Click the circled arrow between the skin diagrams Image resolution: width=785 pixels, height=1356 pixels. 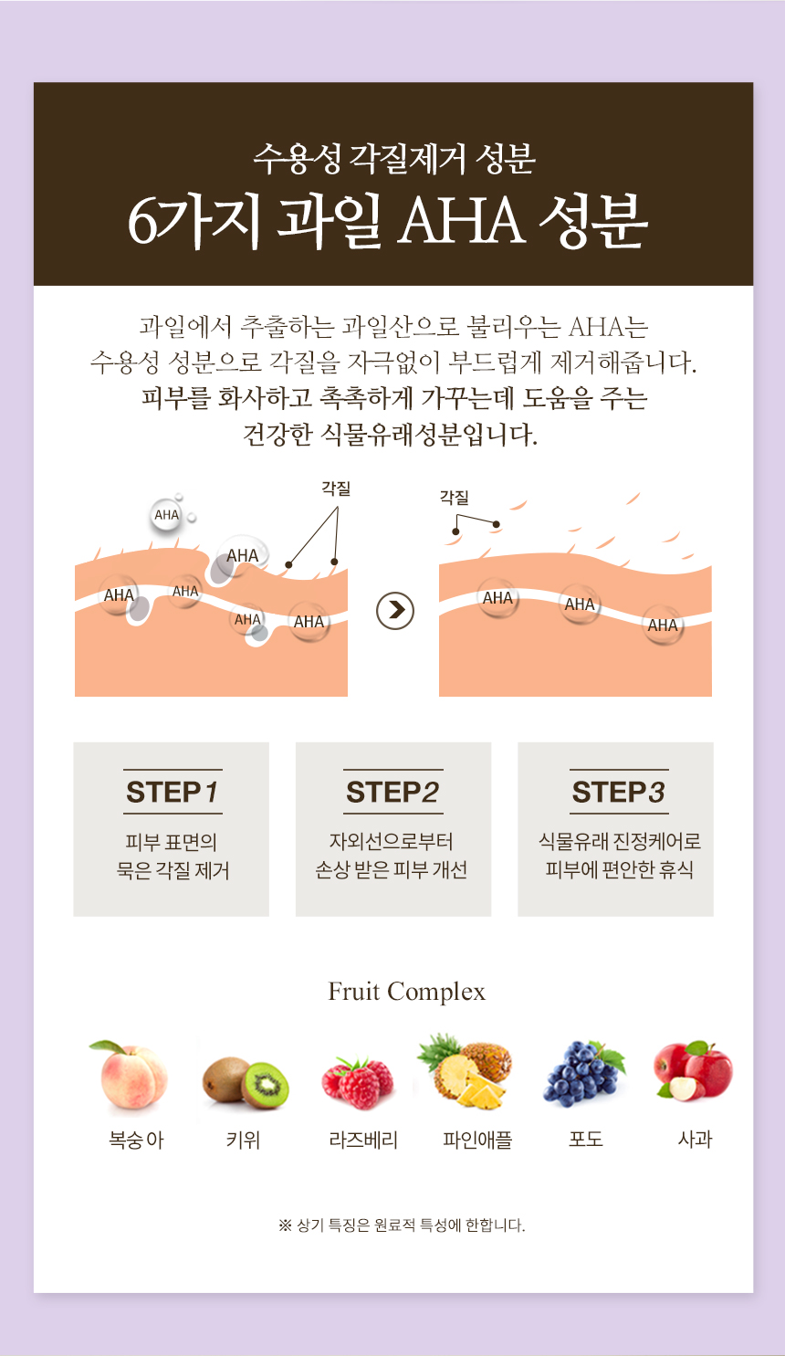pos(395,611)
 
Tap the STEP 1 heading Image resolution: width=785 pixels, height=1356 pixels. pos(173,792)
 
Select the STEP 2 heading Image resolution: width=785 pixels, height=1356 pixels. pos(392,792)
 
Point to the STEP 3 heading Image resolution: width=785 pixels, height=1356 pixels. pos(619,792)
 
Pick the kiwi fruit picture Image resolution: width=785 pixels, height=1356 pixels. pos(246,1082)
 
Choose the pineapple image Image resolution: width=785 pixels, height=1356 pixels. pos(465,1071)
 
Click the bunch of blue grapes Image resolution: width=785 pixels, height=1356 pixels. pos(583,1074)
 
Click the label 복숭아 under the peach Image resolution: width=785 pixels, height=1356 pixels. pos(136,1140)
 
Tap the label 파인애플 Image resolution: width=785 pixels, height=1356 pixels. pos(477,1140)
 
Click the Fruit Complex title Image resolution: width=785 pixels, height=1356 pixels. pos(407,992)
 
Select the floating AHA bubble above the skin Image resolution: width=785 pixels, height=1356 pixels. pos(166,515)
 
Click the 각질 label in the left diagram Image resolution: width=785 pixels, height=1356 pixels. pos(336,488)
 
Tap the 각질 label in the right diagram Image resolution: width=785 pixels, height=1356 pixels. pos(455,498)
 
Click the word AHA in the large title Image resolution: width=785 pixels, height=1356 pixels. pos(461,222)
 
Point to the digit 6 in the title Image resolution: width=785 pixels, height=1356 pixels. pos(142,222)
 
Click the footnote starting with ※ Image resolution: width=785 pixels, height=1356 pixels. pos(402,1225)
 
